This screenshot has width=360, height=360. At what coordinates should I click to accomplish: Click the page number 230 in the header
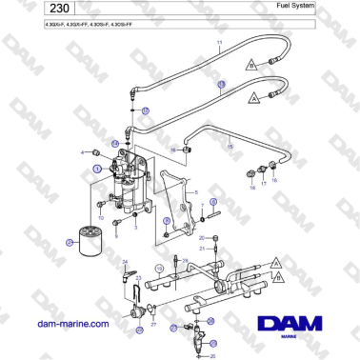coord(28,9)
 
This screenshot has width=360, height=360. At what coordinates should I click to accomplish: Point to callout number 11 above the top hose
coord(218,44)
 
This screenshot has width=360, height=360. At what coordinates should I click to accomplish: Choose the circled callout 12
coord(145,111)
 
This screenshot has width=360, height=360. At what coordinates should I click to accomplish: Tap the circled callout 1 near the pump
coord(97,168)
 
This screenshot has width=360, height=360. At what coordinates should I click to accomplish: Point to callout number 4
coord(83,152)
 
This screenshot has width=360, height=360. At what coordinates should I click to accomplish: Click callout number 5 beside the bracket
coord(195,192)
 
